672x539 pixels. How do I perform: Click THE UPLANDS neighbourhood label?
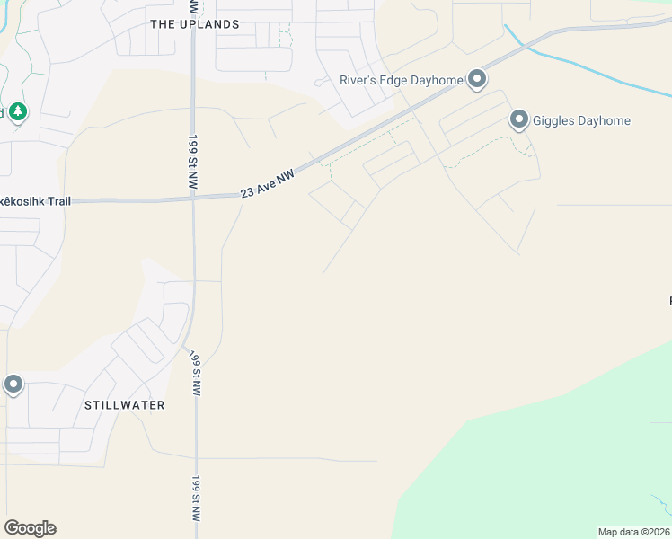(x=195, y=24)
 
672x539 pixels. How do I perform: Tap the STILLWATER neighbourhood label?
(x=124, y=405)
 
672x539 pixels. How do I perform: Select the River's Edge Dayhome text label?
(x=401, y=80)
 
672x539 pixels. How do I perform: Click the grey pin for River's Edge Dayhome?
(x=477, y=80)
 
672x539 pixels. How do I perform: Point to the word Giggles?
(x=557, y=120)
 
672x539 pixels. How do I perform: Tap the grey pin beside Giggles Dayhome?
(x=519, y=119)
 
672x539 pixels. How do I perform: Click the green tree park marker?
(x=18, y=112)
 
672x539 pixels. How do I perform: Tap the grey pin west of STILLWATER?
(x=13, y=385)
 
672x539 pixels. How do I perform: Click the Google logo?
(x=30, y=528)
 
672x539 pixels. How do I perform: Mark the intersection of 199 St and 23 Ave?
(x=194, y=199)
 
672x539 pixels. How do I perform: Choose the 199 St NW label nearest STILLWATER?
(x=195, y=372)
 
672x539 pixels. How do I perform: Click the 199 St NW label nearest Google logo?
(x=197, y=499)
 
